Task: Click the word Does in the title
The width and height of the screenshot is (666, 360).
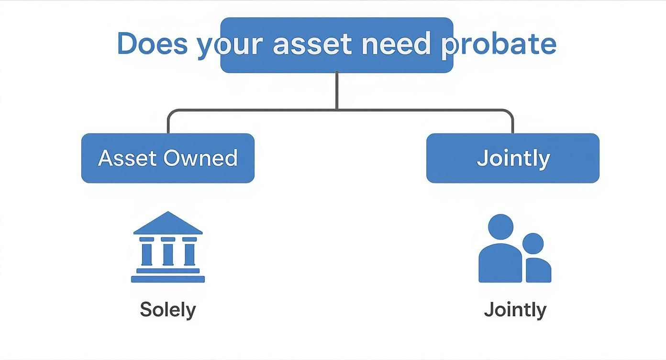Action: point(152,44)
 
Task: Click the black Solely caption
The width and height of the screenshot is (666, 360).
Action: point(168,310)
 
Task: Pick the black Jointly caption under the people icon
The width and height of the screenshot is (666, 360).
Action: point(515,310)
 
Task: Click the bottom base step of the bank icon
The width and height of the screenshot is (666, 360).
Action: point(168,279)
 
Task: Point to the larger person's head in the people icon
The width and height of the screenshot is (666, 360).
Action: point(500,226)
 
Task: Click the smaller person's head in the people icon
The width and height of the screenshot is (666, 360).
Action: point(533,243)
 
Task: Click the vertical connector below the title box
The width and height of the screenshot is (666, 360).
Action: point(337,91)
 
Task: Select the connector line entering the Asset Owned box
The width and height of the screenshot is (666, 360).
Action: point(168,124)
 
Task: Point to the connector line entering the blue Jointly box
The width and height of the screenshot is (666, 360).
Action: point(513,124)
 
